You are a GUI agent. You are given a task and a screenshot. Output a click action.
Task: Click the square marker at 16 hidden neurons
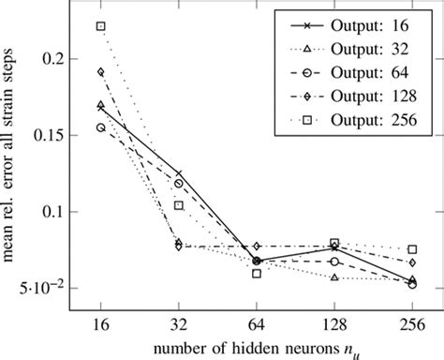pyautogui.click(x=101, y=26)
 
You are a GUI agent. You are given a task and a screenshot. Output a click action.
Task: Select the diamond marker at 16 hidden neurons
pyautogui.click(x=101, y=72)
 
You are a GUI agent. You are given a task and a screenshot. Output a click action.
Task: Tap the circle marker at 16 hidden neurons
pyautogui.click(x=101, y=127)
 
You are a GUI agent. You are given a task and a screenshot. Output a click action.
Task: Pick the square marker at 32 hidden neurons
pyautogui.click(x=179, y=205)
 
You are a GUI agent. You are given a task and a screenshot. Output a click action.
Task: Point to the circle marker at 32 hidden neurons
pyautogui.click(x=179, y=183)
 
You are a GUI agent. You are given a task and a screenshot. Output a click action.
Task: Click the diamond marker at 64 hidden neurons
pyautogui.click(x=257, y=246)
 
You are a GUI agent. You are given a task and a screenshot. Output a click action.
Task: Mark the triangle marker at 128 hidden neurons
pyautogui.click(x=334, y=277)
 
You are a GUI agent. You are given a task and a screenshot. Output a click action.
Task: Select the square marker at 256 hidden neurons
pyautogui.click(x=412, y=249)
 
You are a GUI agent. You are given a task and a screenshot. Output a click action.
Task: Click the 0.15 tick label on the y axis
pyautogui.click(x=54, y=135)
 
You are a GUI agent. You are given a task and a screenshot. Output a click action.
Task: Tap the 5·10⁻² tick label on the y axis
pyautogui.click(x=49, y=287)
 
